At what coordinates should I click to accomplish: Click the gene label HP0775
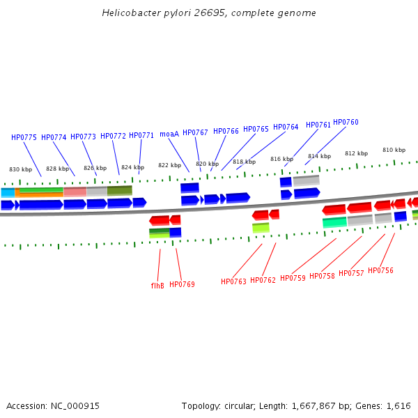(x=24, y=137)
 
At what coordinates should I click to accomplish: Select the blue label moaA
(x=169, y=134)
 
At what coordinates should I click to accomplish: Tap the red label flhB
(x=157, y=286)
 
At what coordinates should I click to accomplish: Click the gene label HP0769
(x=182, y=284)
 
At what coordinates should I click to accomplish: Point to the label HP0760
(x=346, y=122)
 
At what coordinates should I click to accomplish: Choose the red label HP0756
(x=380, y=270)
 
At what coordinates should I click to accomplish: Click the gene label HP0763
(x=233, y=281)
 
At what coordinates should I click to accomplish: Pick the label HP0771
(x=141, y=135)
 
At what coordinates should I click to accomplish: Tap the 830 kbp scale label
(x=20, y=169)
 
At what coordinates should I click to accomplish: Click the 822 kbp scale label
(x=169, y=165)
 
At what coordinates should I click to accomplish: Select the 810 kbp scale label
(x=394, y=150)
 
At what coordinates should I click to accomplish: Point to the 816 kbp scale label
(x=281, y=159)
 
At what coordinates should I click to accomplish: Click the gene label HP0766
(x=226, y=131)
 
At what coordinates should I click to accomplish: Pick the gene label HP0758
(x=322, y=276)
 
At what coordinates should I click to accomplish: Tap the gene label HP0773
(x=83, y=137)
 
